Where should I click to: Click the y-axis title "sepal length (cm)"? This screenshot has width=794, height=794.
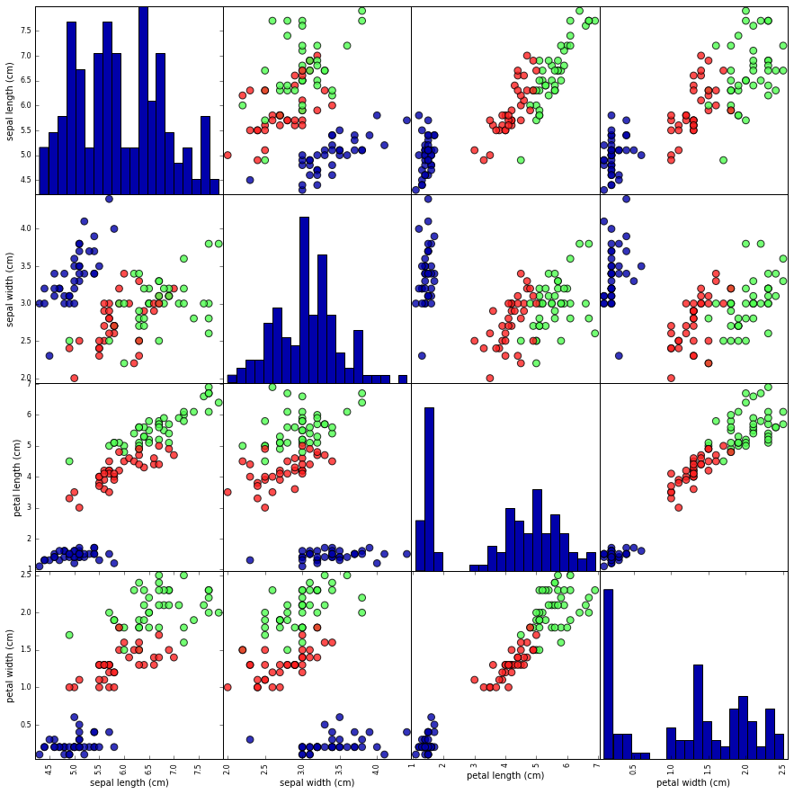tap(11, 100)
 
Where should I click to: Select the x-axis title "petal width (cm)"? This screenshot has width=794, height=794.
tap(692, 783)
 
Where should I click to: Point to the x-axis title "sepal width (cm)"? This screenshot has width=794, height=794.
tap(317, 783)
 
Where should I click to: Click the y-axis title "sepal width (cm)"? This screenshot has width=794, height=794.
tap(11, 289)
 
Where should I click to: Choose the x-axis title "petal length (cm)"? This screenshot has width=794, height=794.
tap(505, 775)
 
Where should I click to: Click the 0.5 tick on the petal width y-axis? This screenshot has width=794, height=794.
tap(25, 725)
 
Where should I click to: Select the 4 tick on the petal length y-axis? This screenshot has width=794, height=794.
tap(30, 477)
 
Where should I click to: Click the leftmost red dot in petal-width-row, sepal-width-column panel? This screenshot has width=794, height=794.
tap(227, 687)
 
